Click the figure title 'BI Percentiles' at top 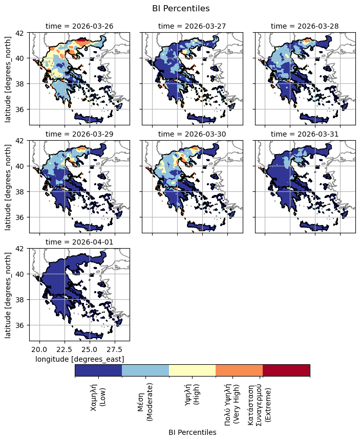tap(181, 8)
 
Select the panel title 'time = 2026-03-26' tap(79, 26)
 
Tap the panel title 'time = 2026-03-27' tap(192, 26)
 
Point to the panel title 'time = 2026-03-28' tap(305, 26)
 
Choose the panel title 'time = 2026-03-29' tap(79, 134)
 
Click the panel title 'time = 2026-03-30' tap(192, 134)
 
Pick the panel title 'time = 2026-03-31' tap(305, 134)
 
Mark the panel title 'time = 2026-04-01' tap(79, 241)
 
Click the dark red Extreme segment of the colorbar tap(286, 370)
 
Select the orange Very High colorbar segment tap(239, 370)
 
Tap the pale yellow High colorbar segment tap(192, 370)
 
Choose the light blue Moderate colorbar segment tap(145, 370)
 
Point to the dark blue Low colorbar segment tap(98, 370)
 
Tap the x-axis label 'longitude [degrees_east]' tap(79, 359)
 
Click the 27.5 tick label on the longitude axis tap(115, 349)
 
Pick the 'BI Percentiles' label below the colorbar tap(192, 432)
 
